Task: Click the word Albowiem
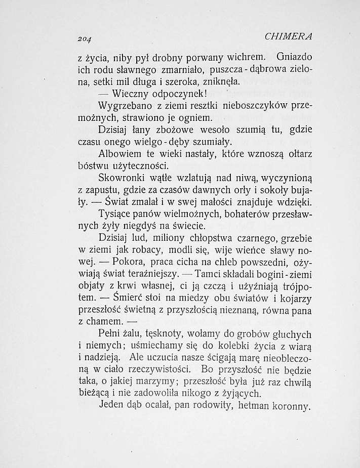pos(122,154)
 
